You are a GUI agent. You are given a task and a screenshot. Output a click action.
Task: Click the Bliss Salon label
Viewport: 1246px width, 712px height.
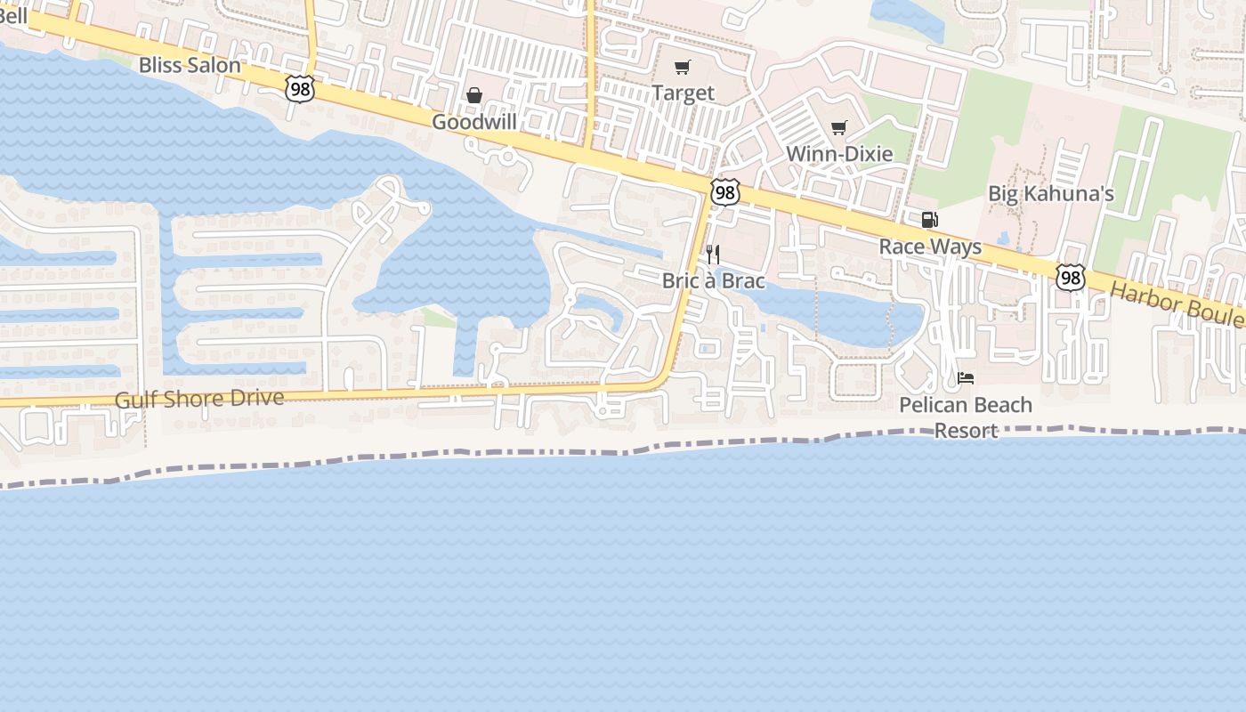click(x=190, y=65)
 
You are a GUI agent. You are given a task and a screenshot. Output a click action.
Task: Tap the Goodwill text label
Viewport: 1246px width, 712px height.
click(x=474, y=122)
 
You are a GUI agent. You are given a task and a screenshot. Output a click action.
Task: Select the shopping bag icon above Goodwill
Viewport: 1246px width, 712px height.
click(x=475, y=95)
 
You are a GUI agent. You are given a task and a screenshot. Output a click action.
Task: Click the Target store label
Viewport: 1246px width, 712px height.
click(x=683, y=93)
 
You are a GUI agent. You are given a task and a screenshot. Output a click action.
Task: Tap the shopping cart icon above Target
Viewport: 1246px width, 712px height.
click(x=683, y=67)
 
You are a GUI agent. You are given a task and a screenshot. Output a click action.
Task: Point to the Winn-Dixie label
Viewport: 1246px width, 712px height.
click(x=839, y=154)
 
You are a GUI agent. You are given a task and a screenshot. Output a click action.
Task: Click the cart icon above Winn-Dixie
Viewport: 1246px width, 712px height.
click(x=838, y=128)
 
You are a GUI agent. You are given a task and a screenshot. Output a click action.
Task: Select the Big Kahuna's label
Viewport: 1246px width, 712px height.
click(x=1051, y=194)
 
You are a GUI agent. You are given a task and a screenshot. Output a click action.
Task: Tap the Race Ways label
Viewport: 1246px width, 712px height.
click(x=930, y=247)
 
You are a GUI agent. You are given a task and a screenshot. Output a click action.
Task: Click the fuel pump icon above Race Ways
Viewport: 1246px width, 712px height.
click(x=929, y=220)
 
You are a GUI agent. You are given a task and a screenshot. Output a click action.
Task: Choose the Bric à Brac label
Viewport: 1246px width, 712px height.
click(x=713, y=280)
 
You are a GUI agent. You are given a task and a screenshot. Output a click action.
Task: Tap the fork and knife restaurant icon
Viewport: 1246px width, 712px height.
click(x=712, y=255)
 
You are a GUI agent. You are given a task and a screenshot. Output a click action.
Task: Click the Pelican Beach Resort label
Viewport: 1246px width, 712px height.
click(x=966, y=417)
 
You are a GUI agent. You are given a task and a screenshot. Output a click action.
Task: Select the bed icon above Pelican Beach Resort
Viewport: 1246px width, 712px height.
click(x=966, y=378)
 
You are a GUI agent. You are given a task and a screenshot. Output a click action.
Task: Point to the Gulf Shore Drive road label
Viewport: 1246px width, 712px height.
click(x=199, y=399)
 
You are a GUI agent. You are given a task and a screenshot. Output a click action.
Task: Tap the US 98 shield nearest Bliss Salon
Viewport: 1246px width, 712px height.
click(x=301, y=87)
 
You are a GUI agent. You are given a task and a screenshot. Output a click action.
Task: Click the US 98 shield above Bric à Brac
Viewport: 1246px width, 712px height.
click(x=725, y=191)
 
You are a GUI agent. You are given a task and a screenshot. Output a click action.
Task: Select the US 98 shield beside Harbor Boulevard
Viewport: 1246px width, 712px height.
click(x=1071, y=277)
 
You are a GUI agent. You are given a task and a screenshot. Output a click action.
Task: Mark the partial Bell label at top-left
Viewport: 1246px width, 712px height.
click(x=14, y=15)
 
